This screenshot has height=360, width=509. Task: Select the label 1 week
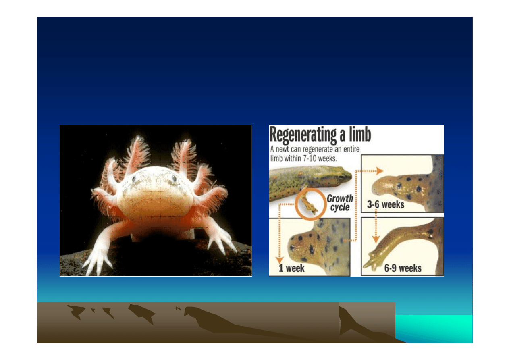pos(291,268)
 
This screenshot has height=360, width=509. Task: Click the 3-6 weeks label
pos(385,204)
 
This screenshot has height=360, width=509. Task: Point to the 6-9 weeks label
pos(403,268)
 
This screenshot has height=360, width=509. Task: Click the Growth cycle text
pos(340,203)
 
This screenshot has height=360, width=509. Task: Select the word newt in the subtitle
pos(288,149)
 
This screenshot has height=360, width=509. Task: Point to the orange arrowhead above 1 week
pos(280,260)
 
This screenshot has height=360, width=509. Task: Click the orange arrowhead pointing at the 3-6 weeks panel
pos(380,171)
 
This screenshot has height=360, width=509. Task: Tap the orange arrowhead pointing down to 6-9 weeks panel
pos(376,239)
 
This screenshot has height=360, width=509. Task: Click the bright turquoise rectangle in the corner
pos(434,329)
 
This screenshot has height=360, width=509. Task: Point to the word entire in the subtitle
pos(351,149)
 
